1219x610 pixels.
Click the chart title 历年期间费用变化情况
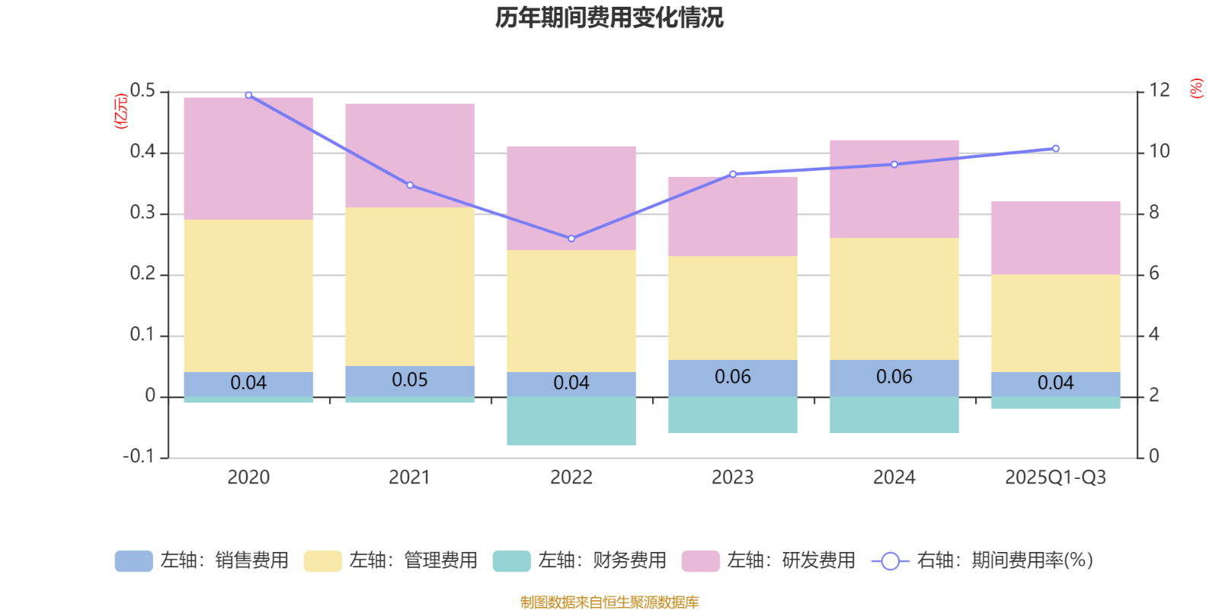[609, 18]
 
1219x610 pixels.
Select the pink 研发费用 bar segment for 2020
[248, 159]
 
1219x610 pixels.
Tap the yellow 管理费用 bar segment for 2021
[410, 287]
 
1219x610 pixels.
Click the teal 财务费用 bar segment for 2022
[571, 420]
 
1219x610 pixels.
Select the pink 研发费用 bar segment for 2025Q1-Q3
[1055, 238]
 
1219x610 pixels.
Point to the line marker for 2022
[571, 239]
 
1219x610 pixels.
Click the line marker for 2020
[248, 95]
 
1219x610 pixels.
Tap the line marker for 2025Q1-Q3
[1055, 149]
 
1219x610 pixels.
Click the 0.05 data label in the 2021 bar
[410, 380]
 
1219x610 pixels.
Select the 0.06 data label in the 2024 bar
[894, 377]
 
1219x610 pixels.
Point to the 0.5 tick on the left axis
[142, 91]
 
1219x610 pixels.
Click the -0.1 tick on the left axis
[139, 457]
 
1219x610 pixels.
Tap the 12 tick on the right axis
[1159, 91]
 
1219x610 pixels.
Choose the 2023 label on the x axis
[733, 477]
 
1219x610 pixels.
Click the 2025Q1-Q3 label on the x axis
[1055, 477]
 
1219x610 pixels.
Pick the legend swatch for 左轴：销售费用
[133, 561]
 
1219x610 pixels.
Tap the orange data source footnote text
[609, 602]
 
